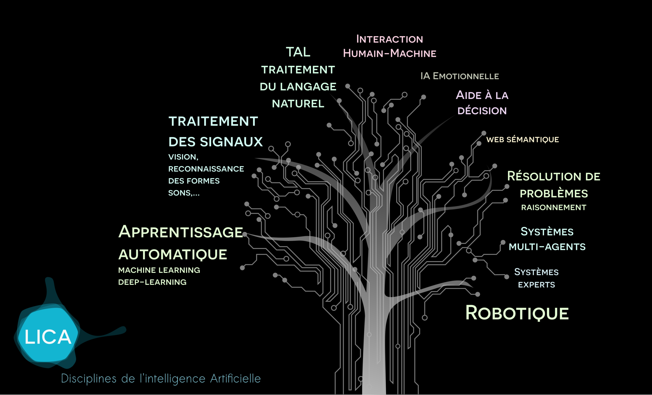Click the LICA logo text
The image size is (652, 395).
[48, 337]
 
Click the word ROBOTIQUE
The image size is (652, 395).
[517, 313]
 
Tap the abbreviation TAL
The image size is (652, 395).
[298, 52]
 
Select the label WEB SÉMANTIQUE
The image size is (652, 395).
[523, 140]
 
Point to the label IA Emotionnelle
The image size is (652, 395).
[460, 76]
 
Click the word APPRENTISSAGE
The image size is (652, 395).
[181, 232]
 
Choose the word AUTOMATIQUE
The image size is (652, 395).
[173, 254]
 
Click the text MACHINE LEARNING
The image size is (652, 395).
[159, 270]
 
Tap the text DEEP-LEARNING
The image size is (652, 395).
[152, 282]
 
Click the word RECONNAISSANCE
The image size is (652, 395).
[206, 169]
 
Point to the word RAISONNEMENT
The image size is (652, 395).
[554, 207]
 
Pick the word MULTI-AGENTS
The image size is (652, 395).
[547, 247]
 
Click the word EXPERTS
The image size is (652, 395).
[536, 285]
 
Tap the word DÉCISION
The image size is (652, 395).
[482, 111]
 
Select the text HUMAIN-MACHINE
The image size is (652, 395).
[390, 53]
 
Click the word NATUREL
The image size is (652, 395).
[298, 104]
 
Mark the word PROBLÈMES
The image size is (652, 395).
[554, 193]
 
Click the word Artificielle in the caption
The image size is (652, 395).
[235, 379]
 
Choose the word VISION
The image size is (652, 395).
[183, 157]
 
